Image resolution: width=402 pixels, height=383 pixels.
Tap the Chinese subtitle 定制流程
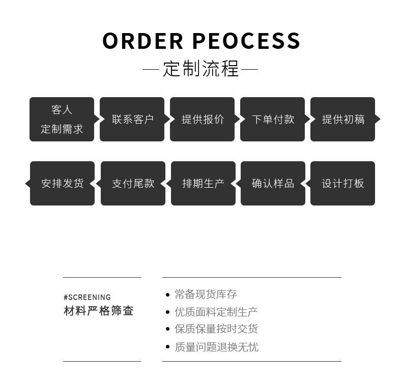click(x=201, y=69)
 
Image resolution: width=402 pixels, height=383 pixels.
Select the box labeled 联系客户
click(x=132, y=120)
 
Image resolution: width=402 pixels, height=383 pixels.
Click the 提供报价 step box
click(x=203, y=120)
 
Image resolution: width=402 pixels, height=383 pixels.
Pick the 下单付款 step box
click(x=273, y=120)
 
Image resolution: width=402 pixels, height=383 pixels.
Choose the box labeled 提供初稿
click(x=342, y=120)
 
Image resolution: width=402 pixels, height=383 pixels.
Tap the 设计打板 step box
click(x=342, y=184)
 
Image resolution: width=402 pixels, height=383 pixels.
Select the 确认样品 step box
click(x=273, y=184)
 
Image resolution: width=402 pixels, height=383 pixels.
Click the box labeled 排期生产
click(x=203, y=184)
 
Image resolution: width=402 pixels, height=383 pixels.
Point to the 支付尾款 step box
click(x=133, y=184)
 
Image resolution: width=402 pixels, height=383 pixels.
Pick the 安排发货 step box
click(x=62, y=184)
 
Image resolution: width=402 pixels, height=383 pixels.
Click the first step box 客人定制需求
click(x=62, y=120)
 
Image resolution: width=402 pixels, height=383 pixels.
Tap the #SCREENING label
click(x=87, y=297)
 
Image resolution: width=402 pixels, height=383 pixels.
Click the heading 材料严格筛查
click(x=99, y=311)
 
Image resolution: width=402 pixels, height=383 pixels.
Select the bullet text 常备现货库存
click(x=206, y=294)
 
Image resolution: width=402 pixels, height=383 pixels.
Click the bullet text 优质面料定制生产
click(x=216, y=312)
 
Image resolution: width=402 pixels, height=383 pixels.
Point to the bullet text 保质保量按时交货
click(x=216, y=329)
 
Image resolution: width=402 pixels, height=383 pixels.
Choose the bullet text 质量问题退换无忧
click(x=216, y=347)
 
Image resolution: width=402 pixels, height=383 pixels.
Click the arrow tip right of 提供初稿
click(x=378, y=120)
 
